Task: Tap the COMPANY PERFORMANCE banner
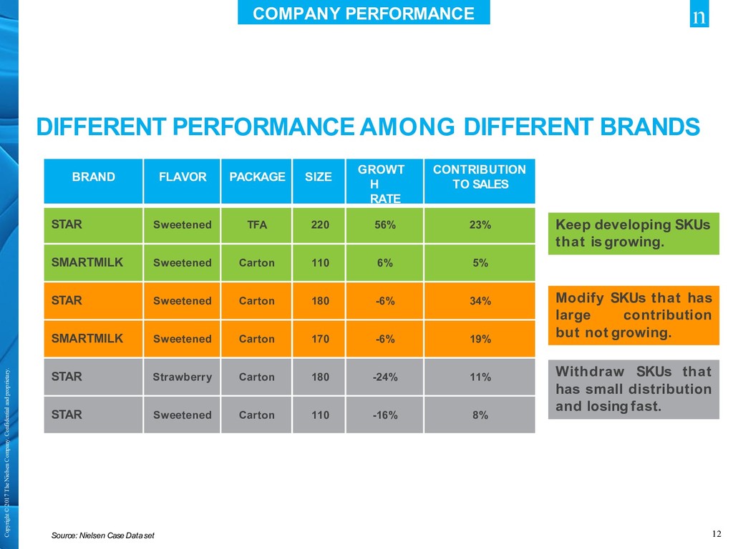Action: [x=364, y=14]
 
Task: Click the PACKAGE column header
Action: [x=257, y=177]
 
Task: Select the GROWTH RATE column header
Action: [x=385, y=183]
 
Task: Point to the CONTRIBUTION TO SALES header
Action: [x=480, y=177]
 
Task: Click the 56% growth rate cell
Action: [x=385, y=225]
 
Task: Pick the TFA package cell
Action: [x=257, y=225]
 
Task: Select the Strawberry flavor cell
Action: [x=182, y=377]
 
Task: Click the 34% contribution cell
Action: [x=480, y=301]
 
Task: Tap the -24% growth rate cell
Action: [x=385, y=377]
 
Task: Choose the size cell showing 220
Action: [x=320, y=225]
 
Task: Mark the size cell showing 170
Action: [x=320, y=340]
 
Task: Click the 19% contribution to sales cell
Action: [x=480, y=340]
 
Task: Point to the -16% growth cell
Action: [x=385, y=415]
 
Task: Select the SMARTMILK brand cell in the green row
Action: [x=87, y=262]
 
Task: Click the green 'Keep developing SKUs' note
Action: [x=634, y=233]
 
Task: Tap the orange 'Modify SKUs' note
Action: [x=634, y=315]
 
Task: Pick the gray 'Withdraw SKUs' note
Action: [x=634, y=390]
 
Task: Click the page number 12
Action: [x=717, y=533]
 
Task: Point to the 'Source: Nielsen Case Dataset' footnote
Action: [x=103, y=535]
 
